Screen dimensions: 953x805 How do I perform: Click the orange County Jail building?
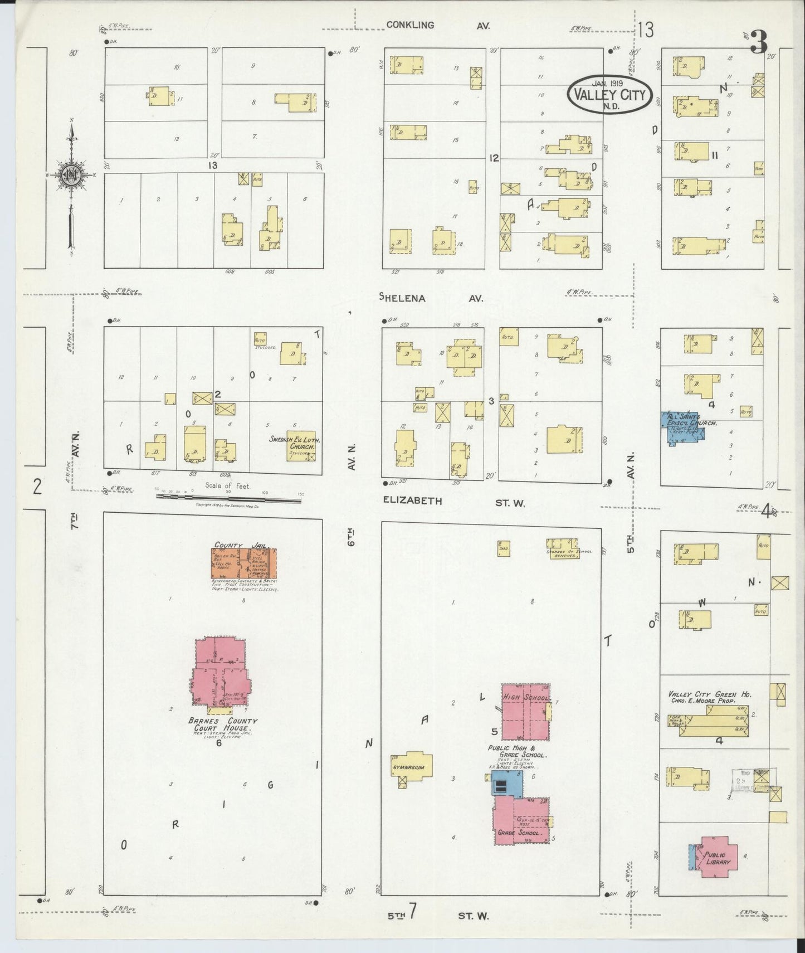[x=243, y=563]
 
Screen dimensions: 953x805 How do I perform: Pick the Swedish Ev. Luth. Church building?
[x=301, y=446]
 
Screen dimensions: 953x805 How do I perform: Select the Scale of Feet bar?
[x=228, y=498]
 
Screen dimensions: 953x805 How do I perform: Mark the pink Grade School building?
[x=521, y=819]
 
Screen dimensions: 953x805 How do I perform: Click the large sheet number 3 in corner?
[x=758, y=41]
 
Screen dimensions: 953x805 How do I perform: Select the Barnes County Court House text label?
[x=222, y=725]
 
